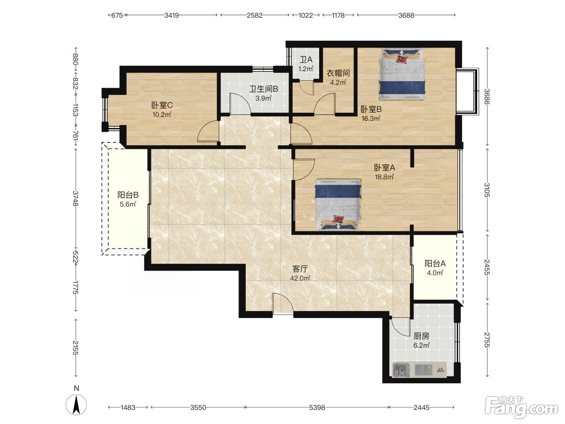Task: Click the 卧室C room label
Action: [162, 105]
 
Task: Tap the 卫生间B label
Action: [264, 89]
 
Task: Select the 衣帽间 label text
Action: [338, 73]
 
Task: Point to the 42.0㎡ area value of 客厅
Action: [300, 278]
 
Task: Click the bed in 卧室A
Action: [338, 205]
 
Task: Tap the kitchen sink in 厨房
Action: [401, 370]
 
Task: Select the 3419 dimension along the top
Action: [172, 15]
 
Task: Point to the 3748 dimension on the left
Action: [75, 198]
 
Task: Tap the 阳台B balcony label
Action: [128, 195]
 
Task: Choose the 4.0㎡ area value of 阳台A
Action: [435, 273]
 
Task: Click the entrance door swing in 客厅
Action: [283, 304]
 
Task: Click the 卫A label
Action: [306, 59]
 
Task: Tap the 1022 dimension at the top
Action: [306, 15]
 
